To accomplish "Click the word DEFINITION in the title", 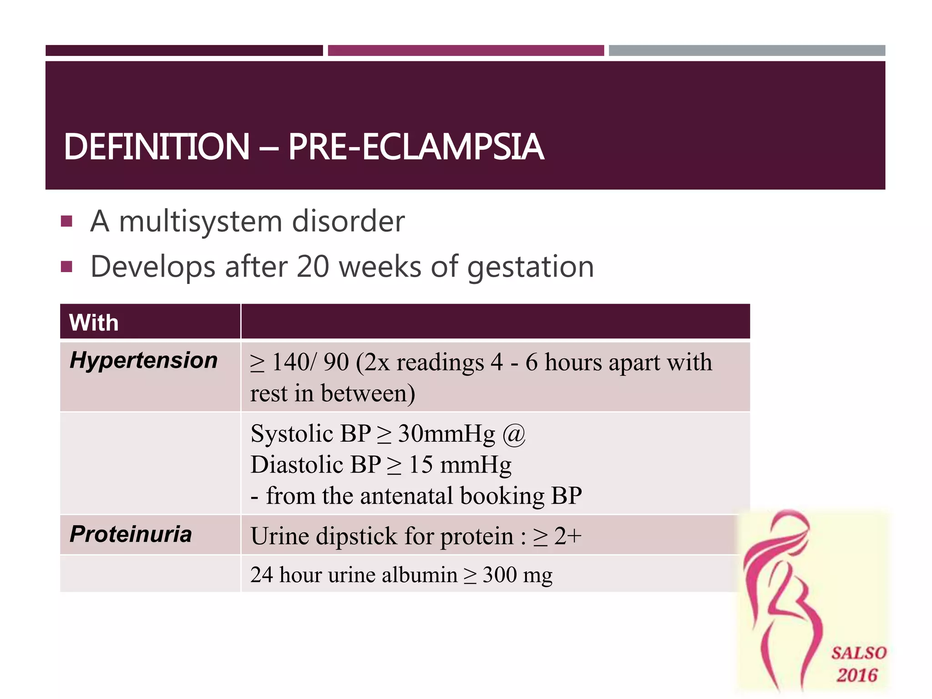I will (x=157, y=147).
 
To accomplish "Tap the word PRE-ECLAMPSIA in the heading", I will (x=416, y=147).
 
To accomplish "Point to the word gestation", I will (x=531, y=267).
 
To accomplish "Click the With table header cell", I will (x=94, y=323).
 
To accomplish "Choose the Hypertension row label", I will (x=144, y=360).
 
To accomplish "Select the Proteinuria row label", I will (x=131, y=534).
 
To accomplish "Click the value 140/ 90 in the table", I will (x=310, y=363).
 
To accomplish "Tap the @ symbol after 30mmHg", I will (x=514, y=434).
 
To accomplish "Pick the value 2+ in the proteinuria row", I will (x=568, y=536).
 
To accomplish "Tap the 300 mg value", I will (x=517, y=575).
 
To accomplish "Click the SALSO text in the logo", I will (x=859, y=653).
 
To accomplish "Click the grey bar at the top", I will (x=747, y=51).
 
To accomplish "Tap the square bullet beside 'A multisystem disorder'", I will (x=66, y=222).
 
